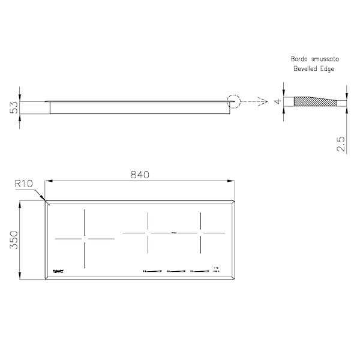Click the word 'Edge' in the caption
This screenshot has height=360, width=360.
(328, 70)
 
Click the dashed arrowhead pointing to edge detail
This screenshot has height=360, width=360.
(264, 102)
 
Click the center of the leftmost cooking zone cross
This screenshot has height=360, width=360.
(85, 239)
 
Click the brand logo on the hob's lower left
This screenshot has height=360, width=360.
(62, 272)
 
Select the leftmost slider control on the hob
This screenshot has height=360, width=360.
(152, 271)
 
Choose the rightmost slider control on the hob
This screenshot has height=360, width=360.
(200, 271)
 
